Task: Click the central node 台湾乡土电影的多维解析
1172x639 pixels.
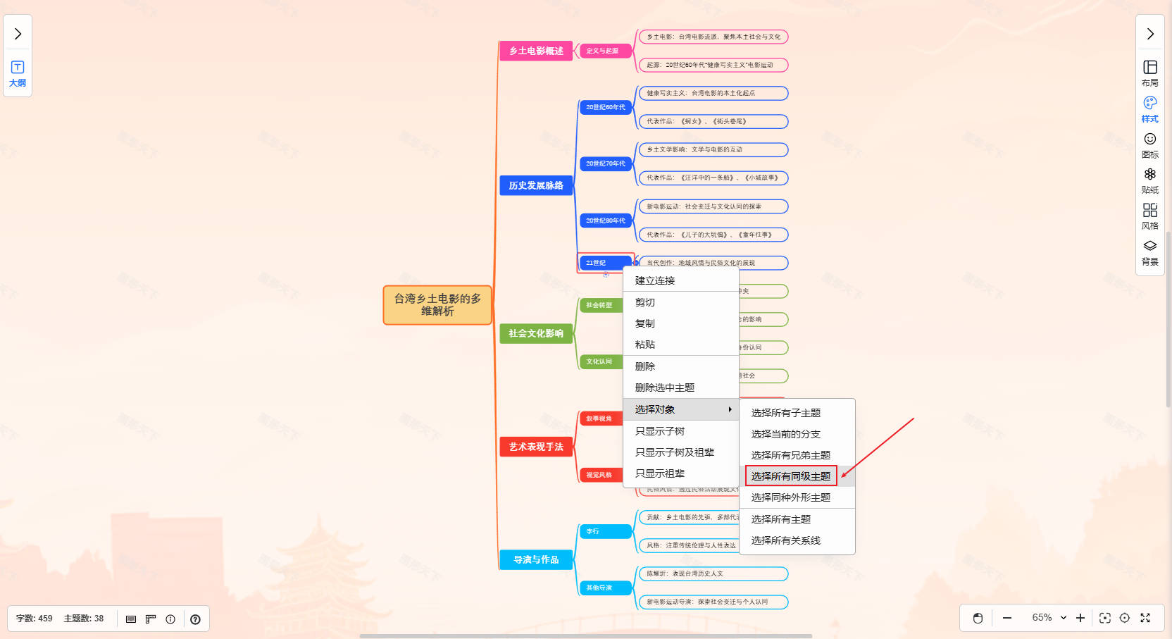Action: [437, 305]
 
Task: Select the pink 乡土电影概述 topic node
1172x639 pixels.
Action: [536, 51]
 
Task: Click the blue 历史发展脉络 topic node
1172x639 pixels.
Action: [536, 185]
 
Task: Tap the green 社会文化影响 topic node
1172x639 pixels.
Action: [536, 333]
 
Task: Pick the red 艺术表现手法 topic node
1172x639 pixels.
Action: [536, 447]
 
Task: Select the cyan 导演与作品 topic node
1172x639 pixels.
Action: [536, 559]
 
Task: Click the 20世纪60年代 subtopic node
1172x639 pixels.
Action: [605, 107]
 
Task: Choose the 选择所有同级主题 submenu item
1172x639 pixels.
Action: [791, 476]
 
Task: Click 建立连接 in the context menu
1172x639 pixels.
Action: [655, 280]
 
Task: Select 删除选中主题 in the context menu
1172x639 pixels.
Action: [665, 387]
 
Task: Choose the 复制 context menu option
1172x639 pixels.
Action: [645, 323]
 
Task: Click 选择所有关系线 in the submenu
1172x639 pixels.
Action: [786, 540]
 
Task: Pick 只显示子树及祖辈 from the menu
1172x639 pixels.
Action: [675, 452]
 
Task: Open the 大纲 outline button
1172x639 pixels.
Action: [18, 74]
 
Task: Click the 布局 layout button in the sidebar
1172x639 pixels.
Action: [1150, 73]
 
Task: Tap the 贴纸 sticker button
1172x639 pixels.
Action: [1150, 180]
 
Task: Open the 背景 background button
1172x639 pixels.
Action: [1150, 252]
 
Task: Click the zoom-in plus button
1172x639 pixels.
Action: [1080, 618]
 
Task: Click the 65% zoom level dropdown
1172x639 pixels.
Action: [1049, 618]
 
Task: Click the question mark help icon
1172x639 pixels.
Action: [196, 619]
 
